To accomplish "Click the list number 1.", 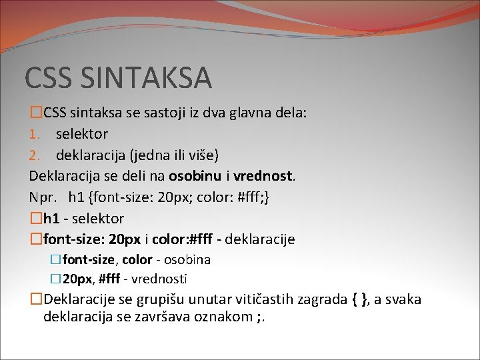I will pos(34,134).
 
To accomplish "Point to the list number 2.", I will pos(35,155).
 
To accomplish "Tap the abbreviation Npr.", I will pos(43,198).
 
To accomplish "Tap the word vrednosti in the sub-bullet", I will pos(161,279).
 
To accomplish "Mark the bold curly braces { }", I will pos(358,299).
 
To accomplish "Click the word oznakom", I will pos(223,315).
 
